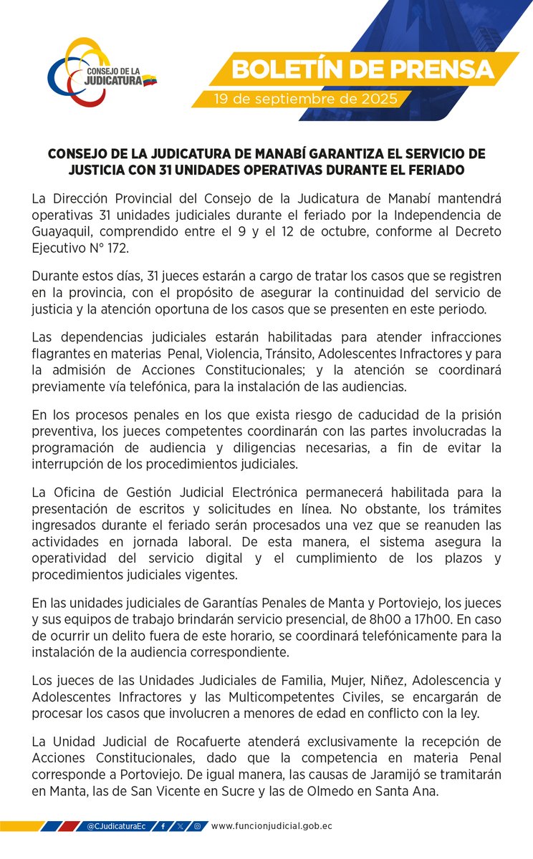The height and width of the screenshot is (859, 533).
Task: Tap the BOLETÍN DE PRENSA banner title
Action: [x=364, y=69]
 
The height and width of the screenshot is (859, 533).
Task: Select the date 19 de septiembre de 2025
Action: [x=305, y=100]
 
